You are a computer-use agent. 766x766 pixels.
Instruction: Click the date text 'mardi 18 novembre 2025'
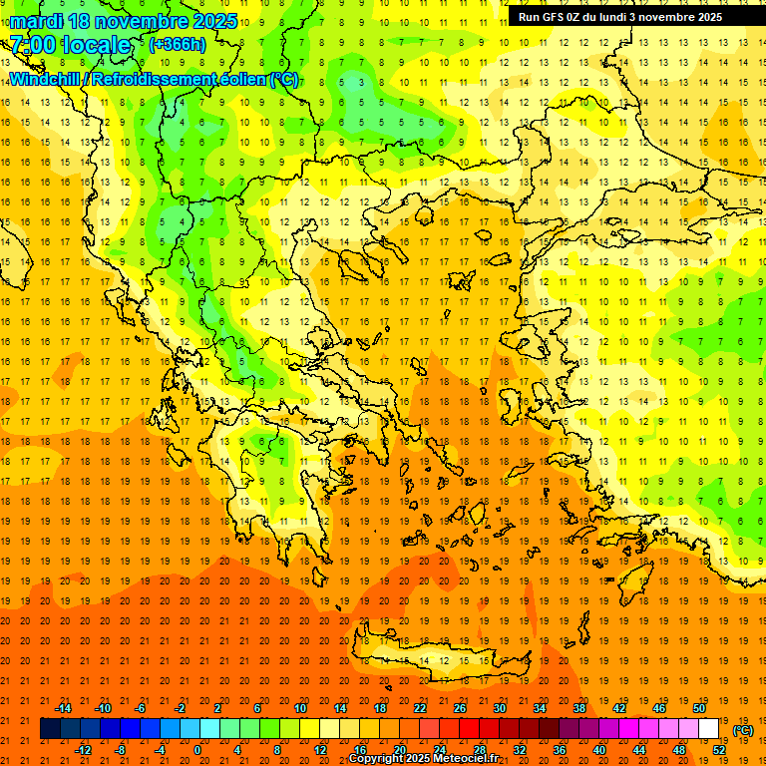(x=124, y=21)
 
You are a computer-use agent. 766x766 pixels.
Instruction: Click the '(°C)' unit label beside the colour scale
(x=743, y=730)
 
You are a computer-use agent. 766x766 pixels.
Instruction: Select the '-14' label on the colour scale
(x=63, y=708)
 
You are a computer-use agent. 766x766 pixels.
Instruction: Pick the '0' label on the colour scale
(x=197, y=750)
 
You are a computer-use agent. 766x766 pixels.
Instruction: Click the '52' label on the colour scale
(x=719, y=750)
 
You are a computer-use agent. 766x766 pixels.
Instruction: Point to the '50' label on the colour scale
(x=699, y=708)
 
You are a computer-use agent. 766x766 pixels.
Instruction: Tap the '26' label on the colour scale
(x=460, y=708)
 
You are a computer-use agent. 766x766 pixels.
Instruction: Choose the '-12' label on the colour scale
(x=83, y=750)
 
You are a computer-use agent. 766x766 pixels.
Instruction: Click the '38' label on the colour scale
(x=579, y=708)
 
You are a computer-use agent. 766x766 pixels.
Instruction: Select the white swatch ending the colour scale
(x=709, y=729)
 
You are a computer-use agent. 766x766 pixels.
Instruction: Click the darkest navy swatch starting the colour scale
(x=50, y=729)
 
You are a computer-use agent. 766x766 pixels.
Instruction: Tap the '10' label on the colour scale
(x=299, y=708)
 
